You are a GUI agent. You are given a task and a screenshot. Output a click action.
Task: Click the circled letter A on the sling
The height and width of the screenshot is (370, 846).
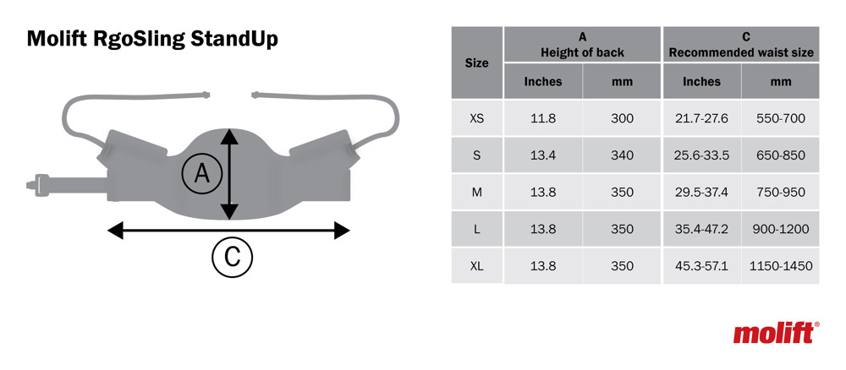tap(202, 174)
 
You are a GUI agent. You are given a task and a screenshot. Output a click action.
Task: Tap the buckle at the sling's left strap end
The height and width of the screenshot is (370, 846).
tap(36, 185)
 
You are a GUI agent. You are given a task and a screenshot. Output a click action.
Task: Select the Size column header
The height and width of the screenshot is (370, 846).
tap(477, 63)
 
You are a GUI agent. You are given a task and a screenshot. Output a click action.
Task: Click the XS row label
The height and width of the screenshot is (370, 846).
tap(477, 118)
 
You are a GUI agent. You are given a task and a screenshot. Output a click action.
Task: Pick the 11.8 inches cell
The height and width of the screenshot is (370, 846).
tap(543, 118)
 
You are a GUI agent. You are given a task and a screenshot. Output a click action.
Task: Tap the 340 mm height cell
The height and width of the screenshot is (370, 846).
tap(622, 155)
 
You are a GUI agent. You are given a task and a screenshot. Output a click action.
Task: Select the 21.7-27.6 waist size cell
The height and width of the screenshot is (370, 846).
tap(702, 118)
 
